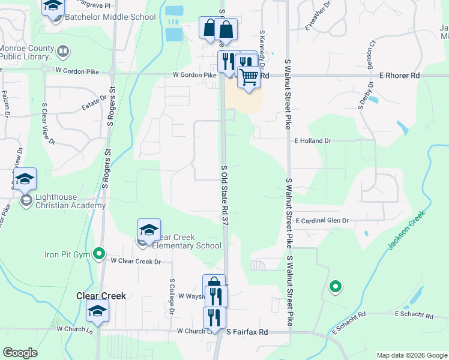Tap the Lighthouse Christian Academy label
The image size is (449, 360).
pyautogui.click(x=71, y=200)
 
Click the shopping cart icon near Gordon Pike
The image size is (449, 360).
pyautogui.click(x=249, y=77)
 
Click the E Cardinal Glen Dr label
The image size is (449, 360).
pyautogui.click(x=322, y=221)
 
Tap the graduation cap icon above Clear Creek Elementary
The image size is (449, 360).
pyautogui.click(x=149, y=229)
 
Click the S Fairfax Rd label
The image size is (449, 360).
pyautogui.click(x=247, y=331)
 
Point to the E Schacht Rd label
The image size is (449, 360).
pyautogui.click(x=414, y=314)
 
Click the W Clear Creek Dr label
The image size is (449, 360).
pyautogui.click(x=136, y=262)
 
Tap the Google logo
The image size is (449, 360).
pyautogui.click(x=20, y=353)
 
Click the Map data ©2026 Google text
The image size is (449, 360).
pyautogui.click(x=411, y=355)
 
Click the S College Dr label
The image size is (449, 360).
pyautogui.click(x=172, y=296)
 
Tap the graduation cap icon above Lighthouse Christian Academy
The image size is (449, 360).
pyautogui.click(x=25, y=178)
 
